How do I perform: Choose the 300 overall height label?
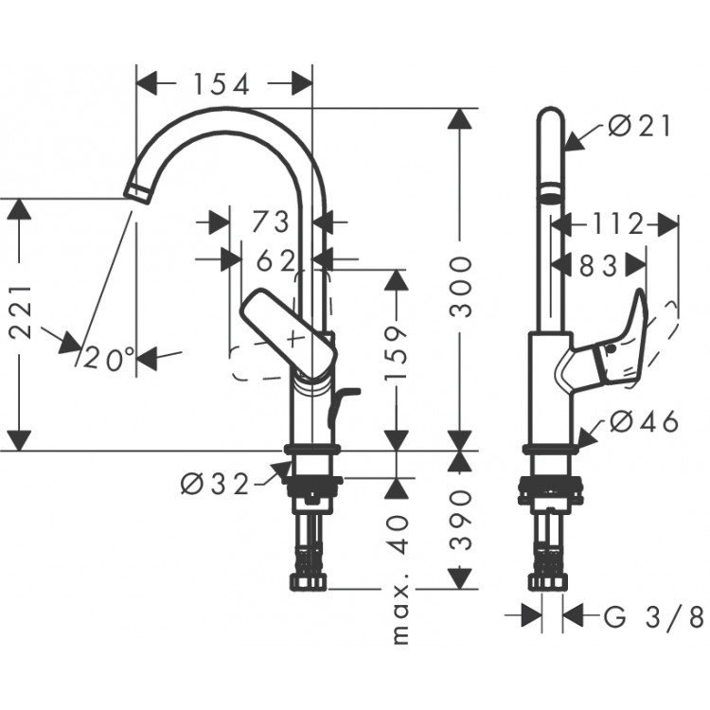(x=461, y=285)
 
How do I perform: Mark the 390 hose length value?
(x=461, y=520)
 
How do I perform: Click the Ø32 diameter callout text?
(x=215, y=484)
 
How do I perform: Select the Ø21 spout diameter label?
(x=642, y=125)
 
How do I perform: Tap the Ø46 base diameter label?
(x=644, y=422)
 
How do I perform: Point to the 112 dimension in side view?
(x=615, y=224)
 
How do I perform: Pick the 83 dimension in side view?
(x=598, y=268)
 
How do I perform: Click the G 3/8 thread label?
(x=654, y=618)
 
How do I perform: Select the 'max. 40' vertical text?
(x=400, y=577)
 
